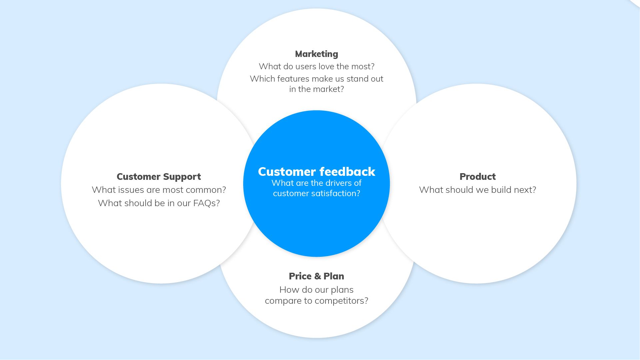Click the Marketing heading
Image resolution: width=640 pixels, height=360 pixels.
(317, 54)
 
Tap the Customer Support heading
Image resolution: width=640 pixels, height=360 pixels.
(159, 177)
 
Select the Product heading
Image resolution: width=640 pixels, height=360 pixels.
(477, 177)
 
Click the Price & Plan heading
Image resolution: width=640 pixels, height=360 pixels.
(316, 276)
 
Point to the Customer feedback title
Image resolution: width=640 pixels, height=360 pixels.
(317, 172)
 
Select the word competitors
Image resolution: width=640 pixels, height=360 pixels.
(341, 301)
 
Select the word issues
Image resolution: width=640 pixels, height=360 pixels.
(131, 190)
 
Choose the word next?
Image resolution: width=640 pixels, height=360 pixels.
(525, 190)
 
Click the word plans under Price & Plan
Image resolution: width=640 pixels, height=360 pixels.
(342, 290)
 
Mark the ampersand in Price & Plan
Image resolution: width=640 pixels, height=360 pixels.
(317, 276)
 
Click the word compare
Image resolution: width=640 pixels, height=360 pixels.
(284, 301)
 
